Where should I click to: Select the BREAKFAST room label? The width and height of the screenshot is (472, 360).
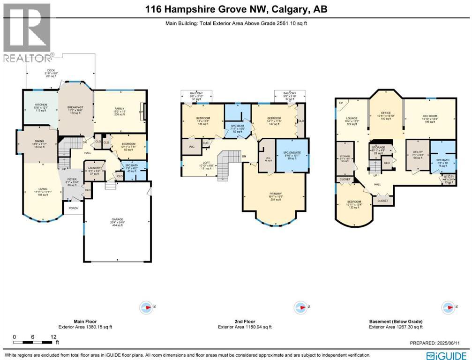coord(76,107)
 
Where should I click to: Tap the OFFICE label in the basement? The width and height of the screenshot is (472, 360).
coord(386,113)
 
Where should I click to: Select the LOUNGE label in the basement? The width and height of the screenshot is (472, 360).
coord(352,119)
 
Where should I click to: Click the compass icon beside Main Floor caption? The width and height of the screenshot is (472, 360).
coord(146,307)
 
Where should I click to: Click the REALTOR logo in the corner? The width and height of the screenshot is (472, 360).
coord(27,32)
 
